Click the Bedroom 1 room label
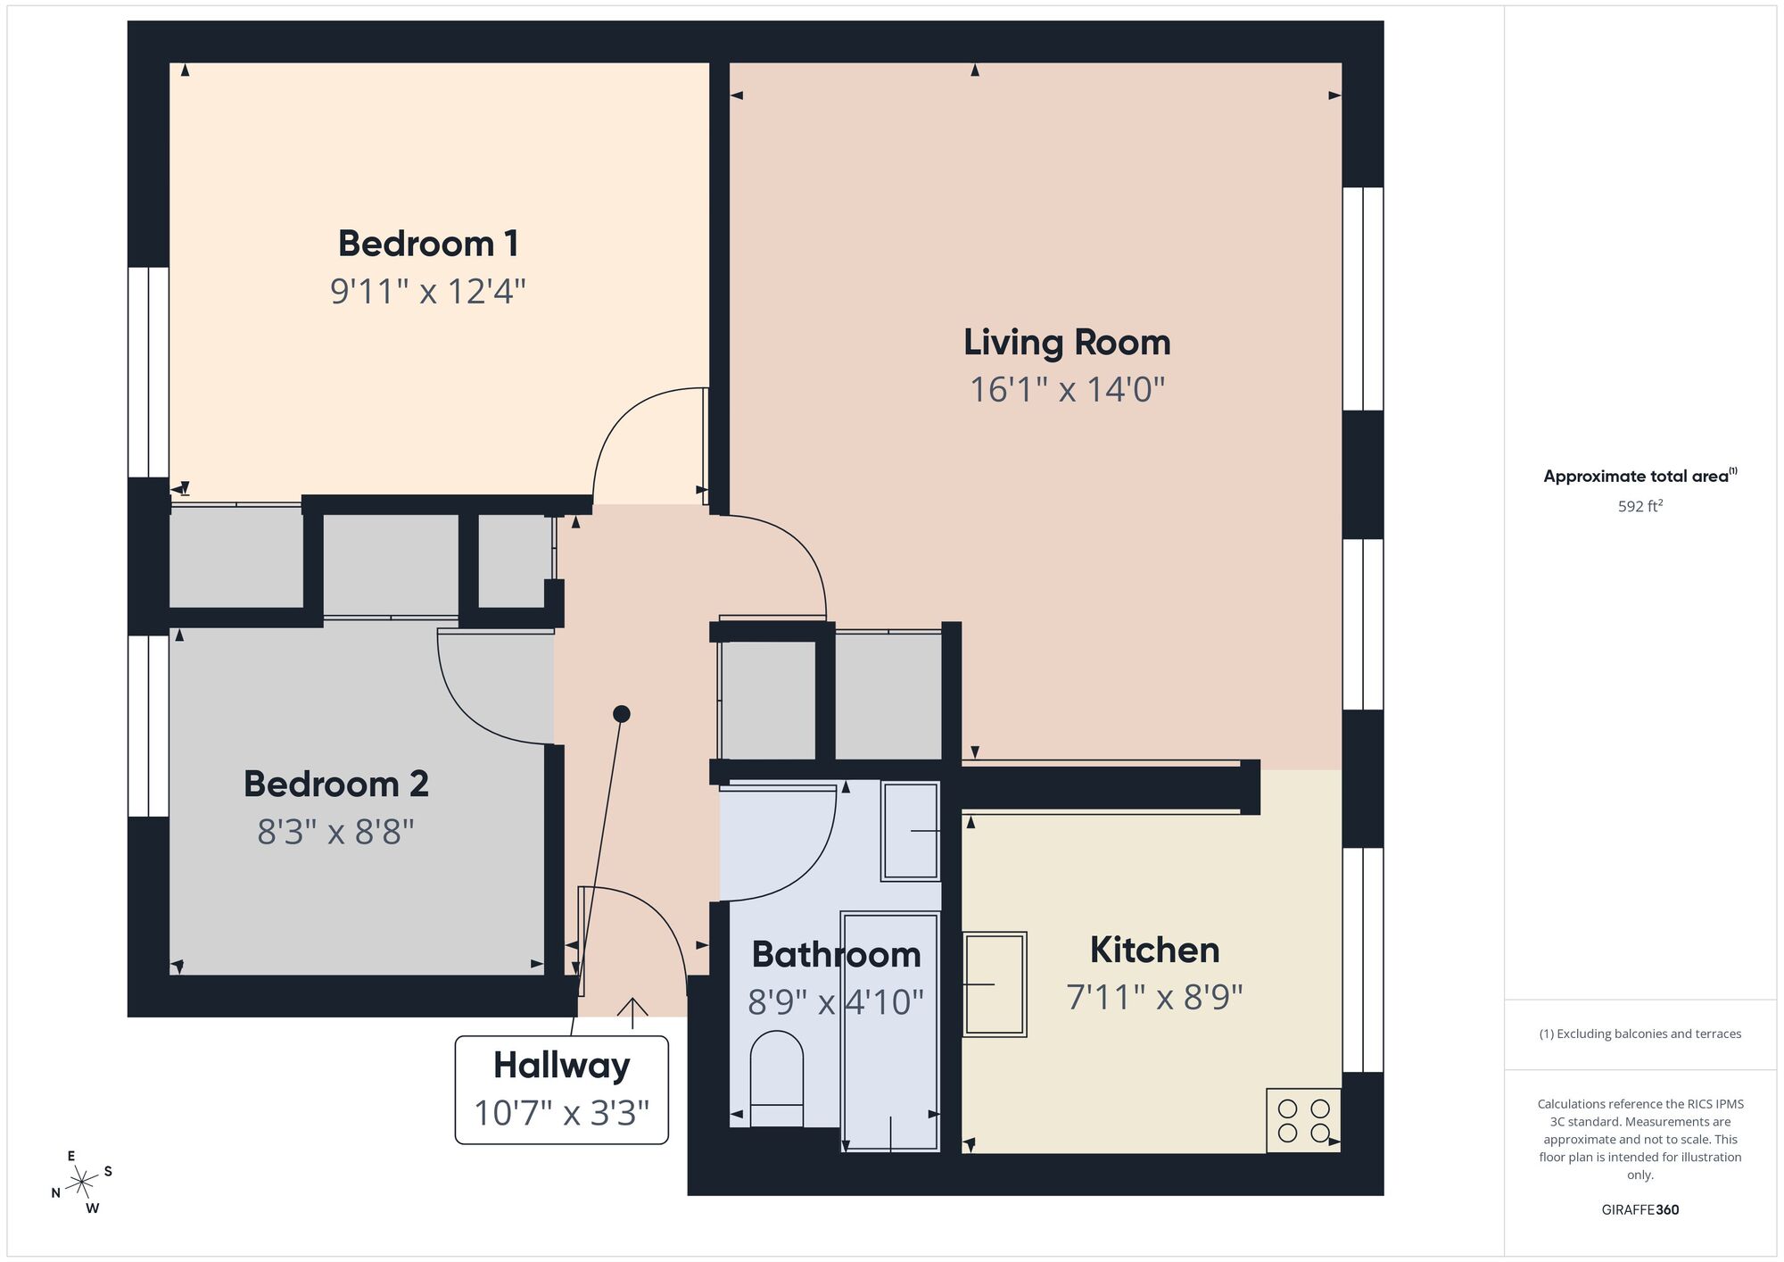428,244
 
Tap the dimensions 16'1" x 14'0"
1067,390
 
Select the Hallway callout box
561,1089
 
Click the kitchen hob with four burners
1303,1121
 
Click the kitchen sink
995,984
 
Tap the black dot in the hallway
622,713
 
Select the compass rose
82,1183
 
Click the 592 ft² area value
1639,506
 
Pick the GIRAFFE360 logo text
1639,1210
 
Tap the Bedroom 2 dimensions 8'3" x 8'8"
335,833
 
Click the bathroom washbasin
911,831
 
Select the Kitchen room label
1154,950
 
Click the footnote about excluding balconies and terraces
1639,1034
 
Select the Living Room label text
1067,343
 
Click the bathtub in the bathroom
891,1031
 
